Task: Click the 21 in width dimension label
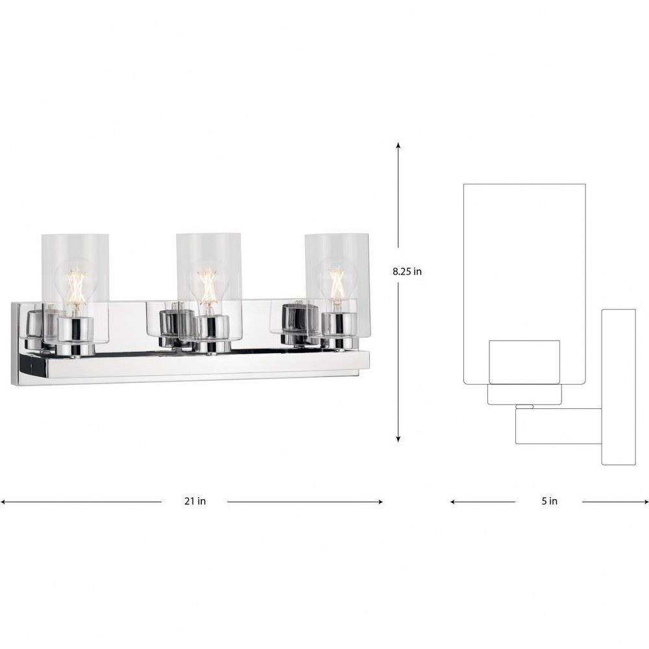coord(195,501)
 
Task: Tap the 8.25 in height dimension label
coord(408,271)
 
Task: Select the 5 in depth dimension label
coord(549,501)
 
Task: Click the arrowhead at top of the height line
coord(398,145)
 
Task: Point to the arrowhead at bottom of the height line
coord(398,439)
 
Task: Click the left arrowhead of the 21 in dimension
coord(3,502)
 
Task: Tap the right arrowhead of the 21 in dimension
coord(380,502)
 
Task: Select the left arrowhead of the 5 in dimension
coord(454,502)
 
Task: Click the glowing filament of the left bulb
coord(77,285)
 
